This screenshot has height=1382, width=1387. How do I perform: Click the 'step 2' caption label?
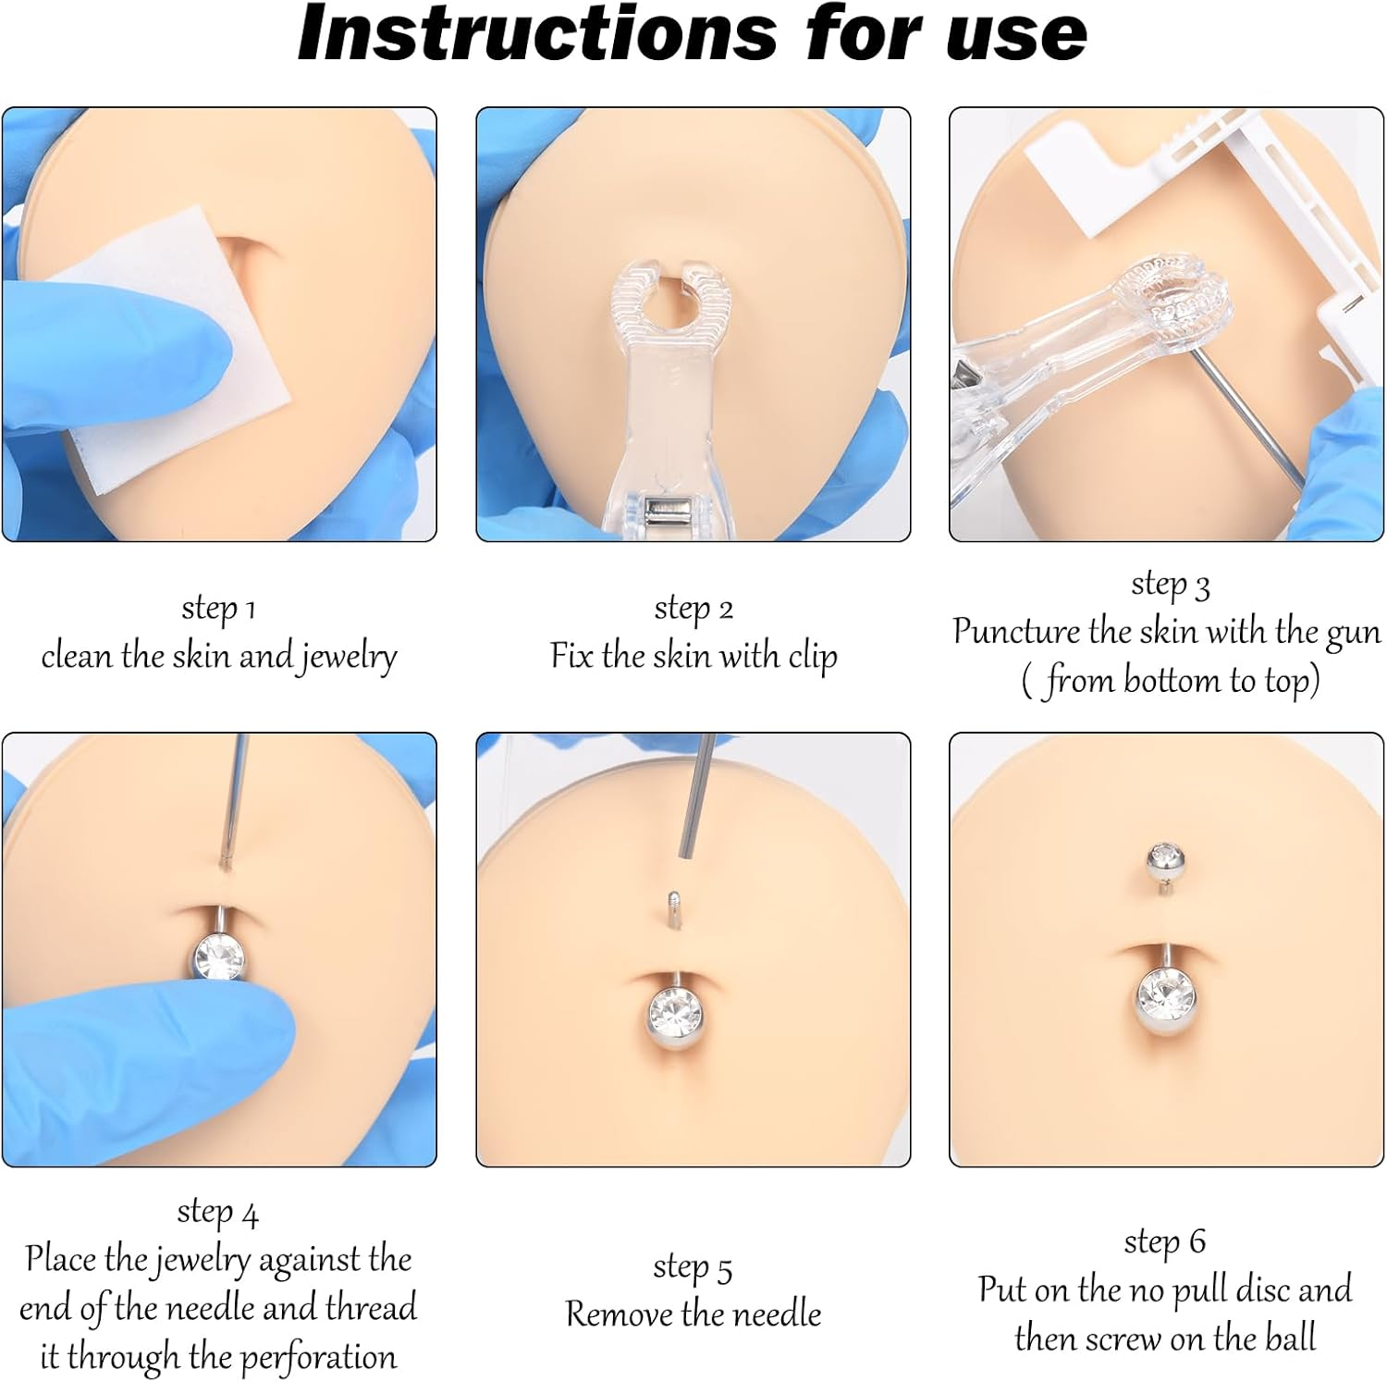tap(693, 609)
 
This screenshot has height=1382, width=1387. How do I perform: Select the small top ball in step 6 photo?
tap(1164, 861)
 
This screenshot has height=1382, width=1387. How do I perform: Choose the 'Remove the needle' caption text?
tap(693, 1314)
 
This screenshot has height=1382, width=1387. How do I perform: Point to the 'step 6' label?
tap(1164, 1241)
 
